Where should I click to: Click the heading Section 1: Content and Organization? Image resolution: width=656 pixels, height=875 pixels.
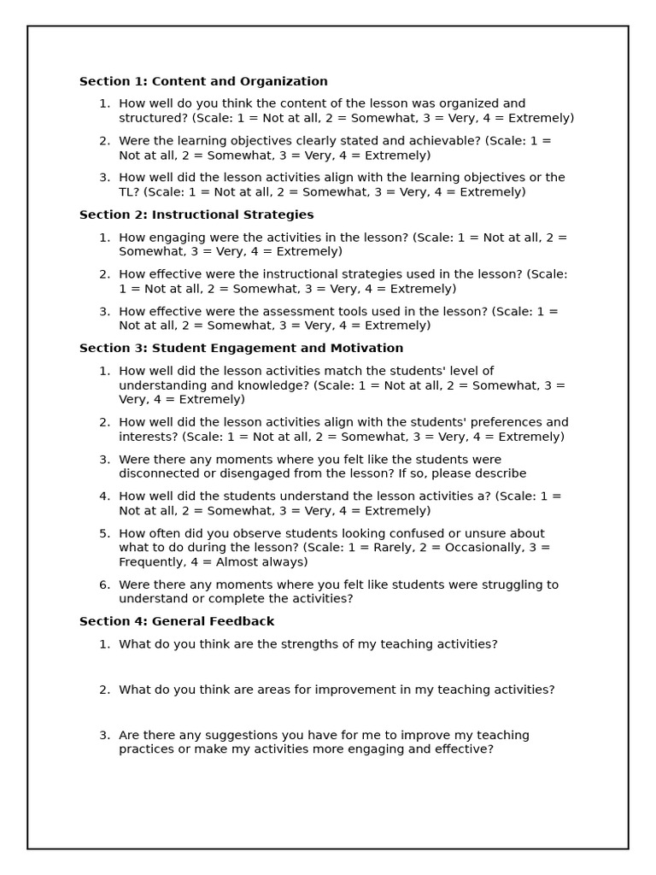203,82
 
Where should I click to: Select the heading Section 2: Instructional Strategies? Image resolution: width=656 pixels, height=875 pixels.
196,215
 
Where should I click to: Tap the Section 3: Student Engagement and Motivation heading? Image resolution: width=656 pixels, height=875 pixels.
241,349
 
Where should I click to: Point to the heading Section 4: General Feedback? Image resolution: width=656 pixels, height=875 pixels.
177,622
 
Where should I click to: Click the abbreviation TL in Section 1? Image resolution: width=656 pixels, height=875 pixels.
127,192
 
